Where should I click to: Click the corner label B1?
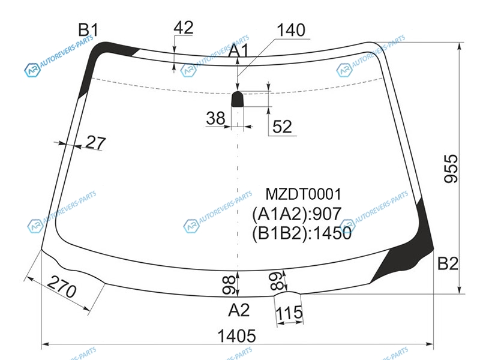tap(88, 30)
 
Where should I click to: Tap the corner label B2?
tap(448, 263)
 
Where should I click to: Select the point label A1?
tap(239, 51)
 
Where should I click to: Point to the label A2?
tap(239, 310)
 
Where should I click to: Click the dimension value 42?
tap(184, 28)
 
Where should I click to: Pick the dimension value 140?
tap(291, 30)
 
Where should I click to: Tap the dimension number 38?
tap(215, 118)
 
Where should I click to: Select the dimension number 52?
tap(282, 127)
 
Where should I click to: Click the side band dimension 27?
tap(96, 143)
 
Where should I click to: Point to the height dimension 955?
tap(451, 169)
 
